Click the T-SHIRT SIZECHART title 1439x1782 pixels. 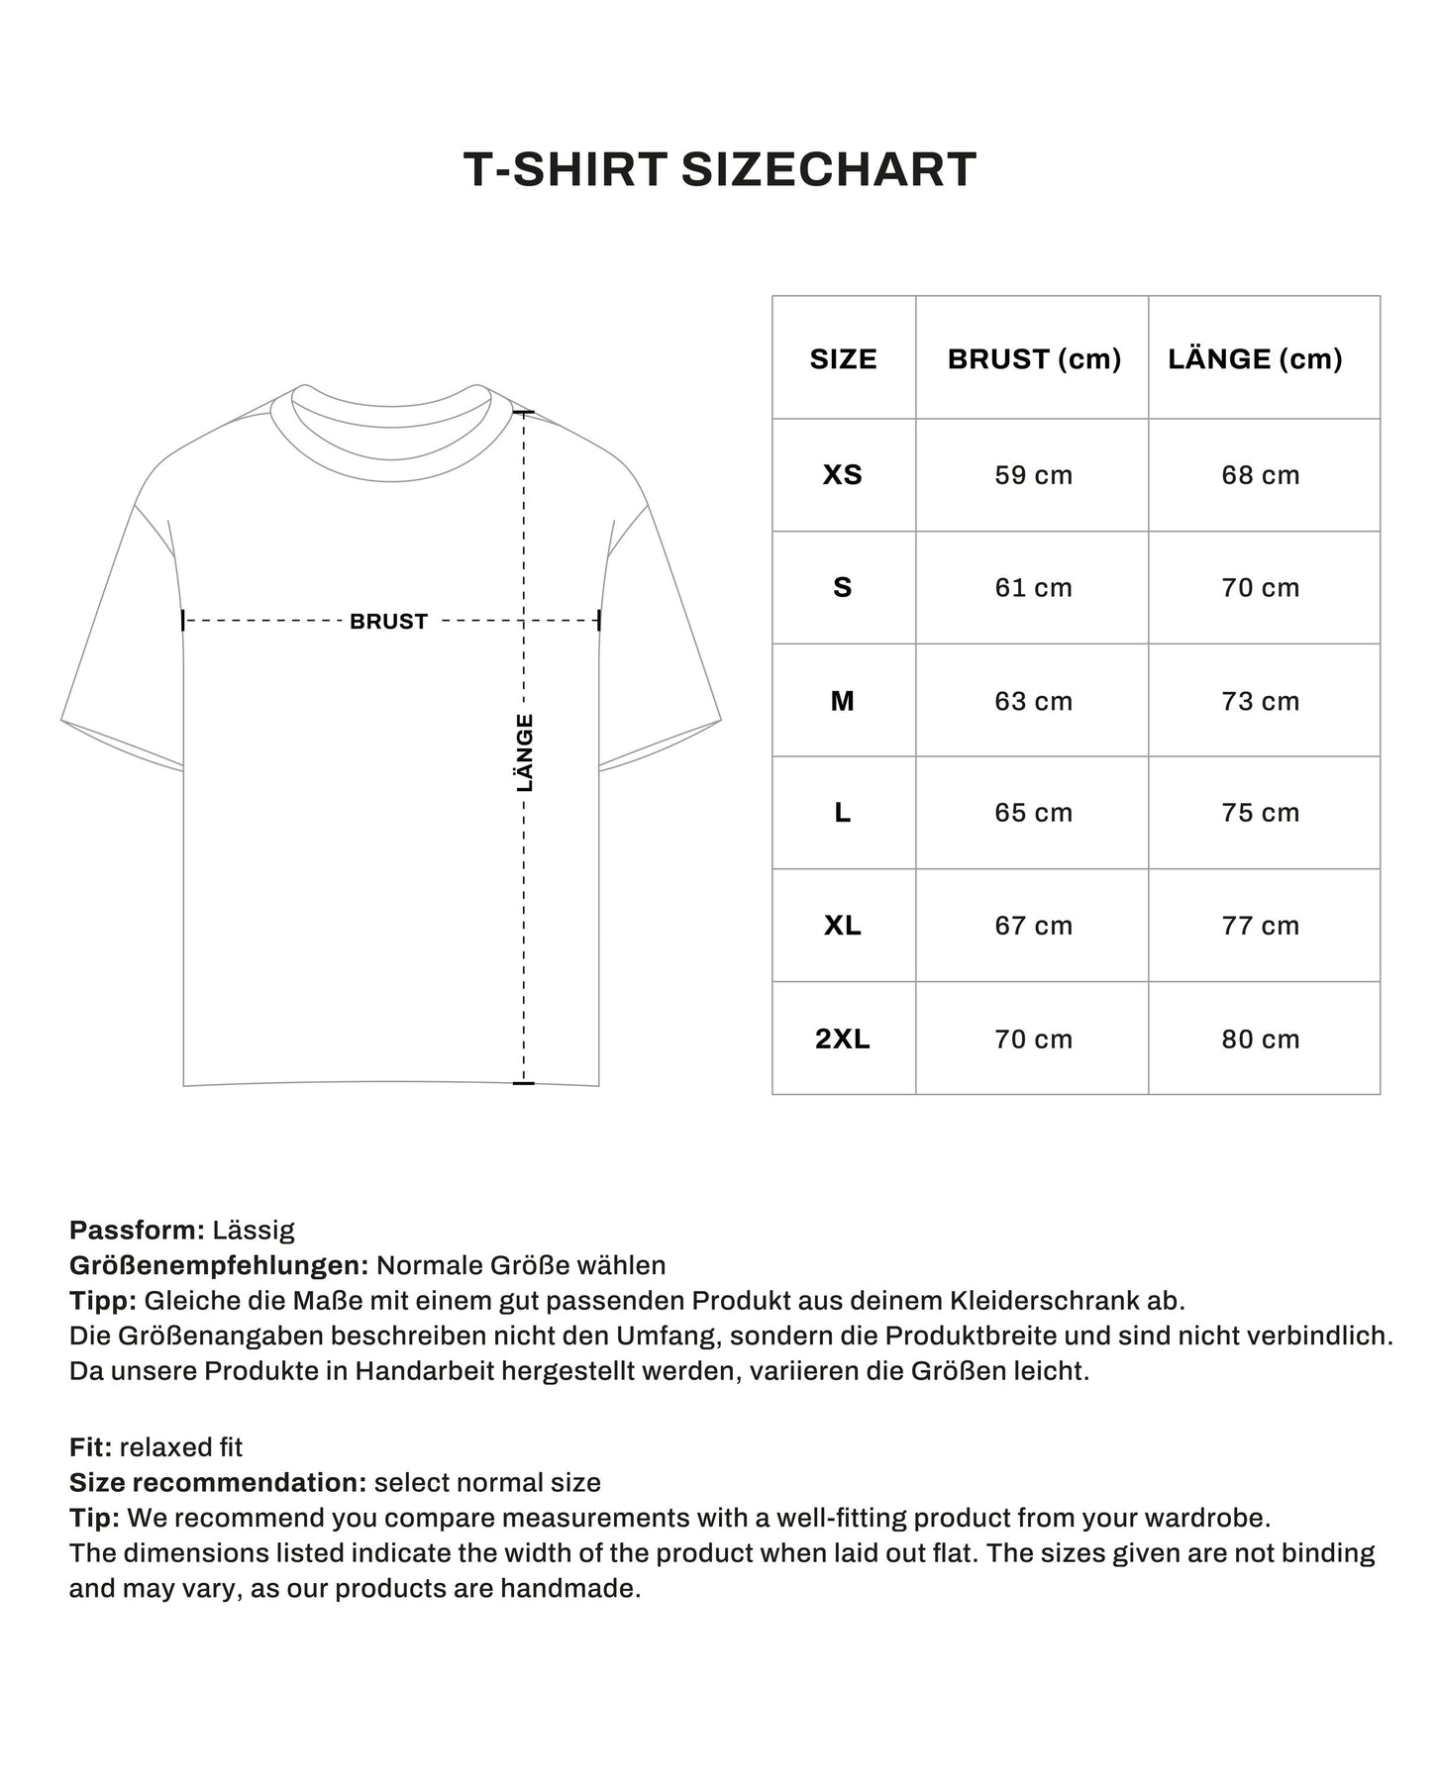coord(720,169)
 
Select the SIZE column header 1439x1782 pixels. coord(843,358)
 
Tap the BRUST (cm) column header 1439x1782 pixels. coord(1033,358)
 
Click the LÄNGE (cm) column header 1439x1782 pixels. coord(1255,358)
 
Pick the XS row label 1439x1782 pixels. coord(843,475)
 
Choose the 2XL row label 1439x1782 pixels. coord(843,1039)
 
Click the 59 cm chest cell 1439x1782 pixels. coord(1033,475)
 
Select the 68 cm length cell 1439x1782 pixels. coord(1260,475)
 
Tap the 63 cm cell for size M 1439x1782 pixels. coord(1033,701)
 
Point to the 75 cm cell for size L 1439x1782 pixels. coord(1260,813)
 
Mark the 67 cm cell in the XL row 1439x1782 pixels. coord(1033,926)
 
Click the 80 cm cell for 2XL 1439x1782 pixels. coord(1260,1039)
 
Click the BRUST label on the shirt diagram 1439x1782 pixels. coord(388,622)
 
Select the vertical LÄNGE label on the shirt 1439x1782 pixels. coord(525,752)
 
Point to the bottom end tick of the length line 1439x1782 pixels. coord(524,1083)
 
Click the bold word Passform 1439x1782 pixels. coord(137,1231)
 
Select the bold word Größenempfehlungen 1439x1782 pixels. coord(219,1265)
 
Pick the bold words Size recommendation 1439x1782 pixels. coord(218,1483)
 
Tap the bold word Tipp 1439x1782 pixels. coord(102,1300)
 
